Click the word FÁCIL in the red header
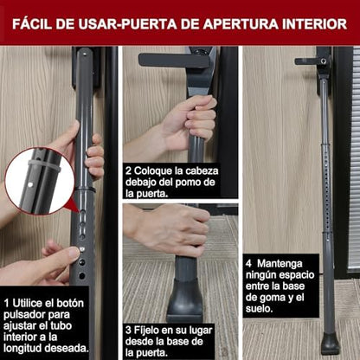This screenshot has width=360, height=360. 32,24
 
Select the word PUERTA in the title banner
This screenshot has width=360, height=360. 149,24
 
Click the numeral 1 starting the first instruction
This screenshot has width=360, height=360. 6,303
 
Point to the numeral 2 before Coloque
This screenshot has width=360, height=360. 128,170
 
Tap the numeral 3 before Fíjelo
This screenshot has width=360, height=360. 128,330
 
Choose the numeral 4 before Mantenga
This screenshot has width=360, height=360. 248,263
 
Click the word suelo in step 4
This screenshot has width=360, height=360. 259,309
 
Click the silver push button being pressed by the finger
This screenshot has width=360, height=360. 82,249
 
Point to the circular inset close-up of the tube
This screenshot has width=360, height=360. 40,181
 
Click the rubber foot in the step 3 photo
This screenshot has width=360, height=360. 184,303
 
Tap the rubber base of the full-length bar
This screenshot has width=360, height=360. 331,344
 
